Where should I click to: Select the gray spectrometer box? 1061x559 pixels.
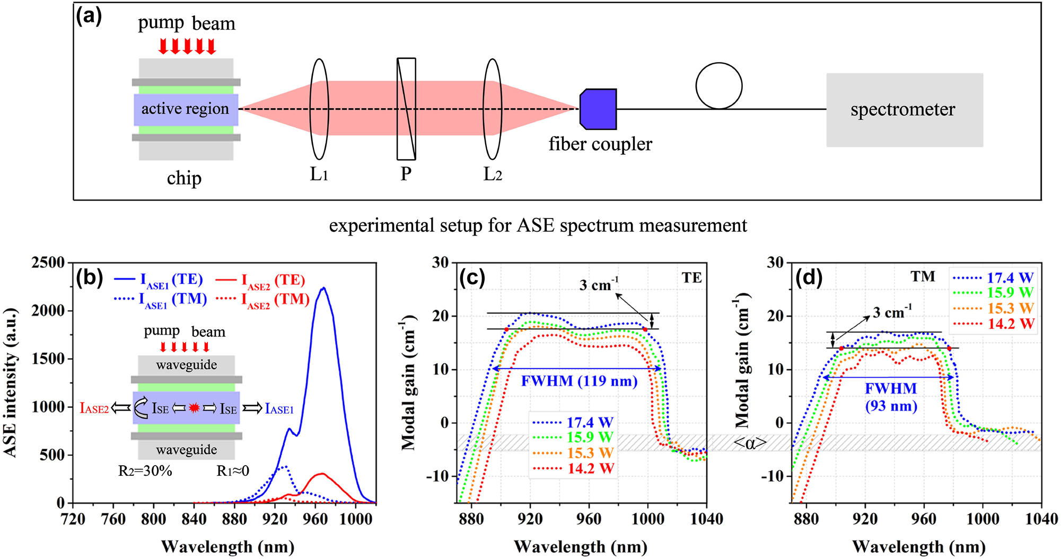(904, 110)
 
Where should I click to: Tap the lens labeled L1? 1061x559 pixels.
(319, 109)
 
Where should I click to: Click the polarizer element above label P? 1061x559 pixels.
(406, 109)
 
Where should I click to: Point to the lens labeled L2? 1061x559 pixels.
(492, 109)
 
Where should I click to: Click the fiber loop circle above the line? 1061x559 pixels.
(718, 86)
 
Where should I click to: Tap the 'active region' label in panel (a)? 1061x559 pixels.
(185, 109)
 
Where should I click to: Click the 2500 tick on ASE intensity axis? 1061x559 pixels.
(48, 263)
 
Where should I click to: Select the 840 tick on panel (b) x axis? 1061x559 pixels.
(194, 519)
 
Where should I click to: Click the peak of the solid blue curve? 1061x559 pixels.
(323, 289)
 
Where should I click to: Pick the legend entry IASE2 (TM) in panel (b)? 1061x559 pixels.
(264, 300)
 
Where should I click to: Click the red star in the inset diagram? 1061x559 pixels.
(194, 408)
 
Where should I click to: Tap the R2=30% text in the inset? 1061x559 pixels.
(145, 471)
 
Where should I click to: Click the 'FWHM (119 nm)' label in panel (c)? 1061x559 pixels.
(579, 381)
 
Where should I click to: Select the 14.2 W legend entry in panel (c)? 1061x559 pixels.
(574, 469)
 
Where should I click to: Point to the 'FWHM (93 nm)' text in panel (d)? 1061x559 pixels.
(891, 397)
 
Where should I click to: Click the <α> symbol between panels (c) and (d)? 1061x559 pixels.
(750, 443)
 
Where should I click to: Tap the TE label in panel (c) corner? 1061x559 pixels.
(691, 278)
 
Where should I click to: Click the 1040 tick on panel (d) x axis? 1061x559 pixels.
(1041, 519)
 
